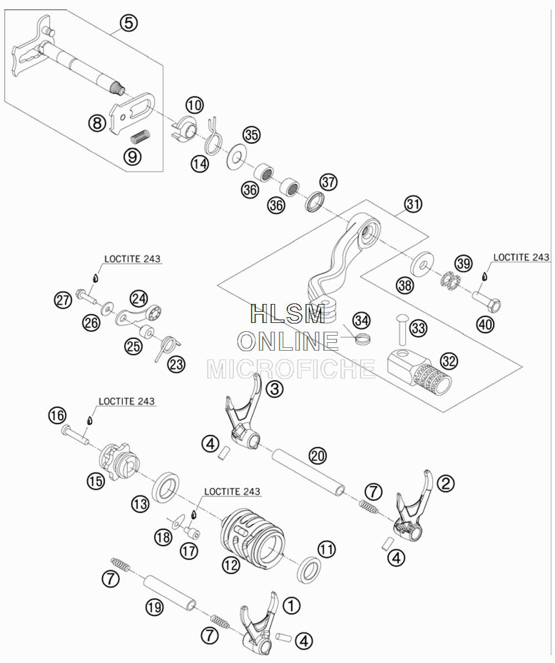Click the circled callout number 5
(129, 22)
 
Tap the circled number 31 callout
(413, 204)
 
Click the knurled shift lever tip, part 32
(419, 372)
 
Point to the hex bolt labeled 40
(487, 300)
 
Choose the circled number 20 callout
(317, 456)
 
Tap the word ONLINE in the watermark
(288, 341)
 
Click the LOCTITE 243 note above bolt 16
(127, 401)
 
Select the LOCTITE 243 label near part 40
(521, 257)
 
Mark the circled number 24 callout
(138, 298)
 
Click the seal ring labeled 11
(309, 570)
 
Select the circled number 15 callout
(95, 481)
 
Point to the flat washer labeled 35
(238, 157)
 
